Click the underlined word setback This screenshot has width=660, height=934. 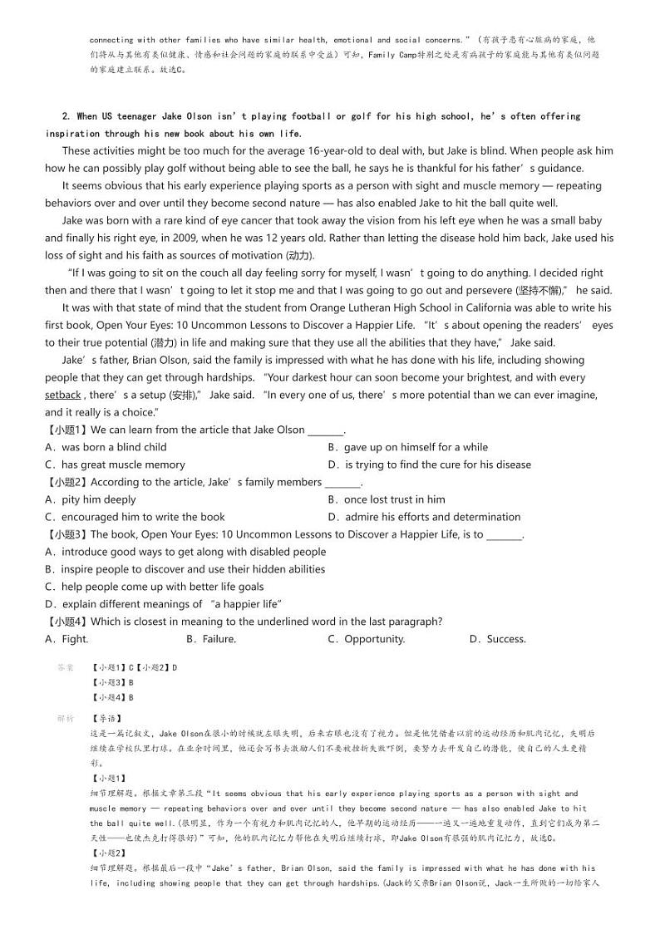63,395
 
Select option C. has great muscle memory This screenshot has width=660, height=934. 115,465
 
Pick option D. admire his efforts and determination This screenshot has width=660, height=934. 424,517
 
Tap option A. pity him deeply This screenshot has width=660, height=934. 91,499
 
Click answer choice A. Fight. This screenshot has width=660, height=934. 66,639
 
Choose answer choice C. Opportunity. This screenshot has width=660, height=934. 366,639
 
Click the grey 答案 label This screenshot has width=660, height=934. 66,667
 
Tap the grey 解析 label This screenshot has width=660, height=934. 66,718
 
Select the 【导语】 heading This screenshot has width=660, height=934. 106,718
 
